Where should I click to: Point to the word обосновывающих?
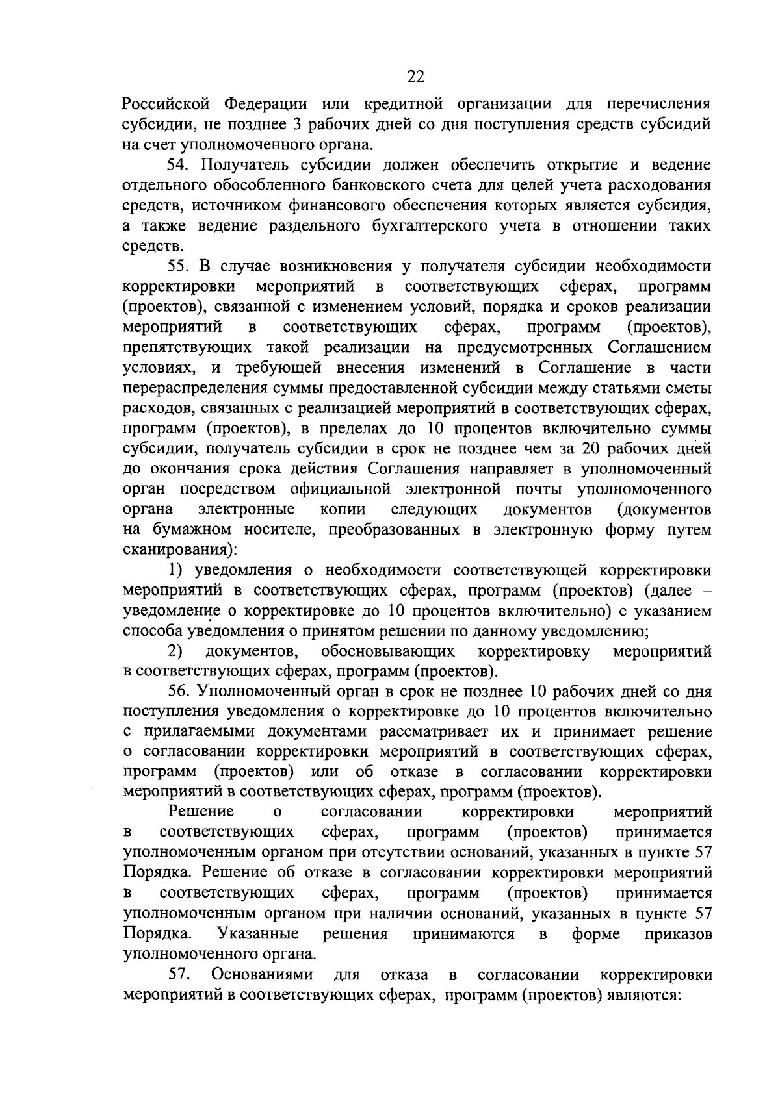tap(387, 651)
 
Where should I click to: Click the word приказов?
tap(679, 935)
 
